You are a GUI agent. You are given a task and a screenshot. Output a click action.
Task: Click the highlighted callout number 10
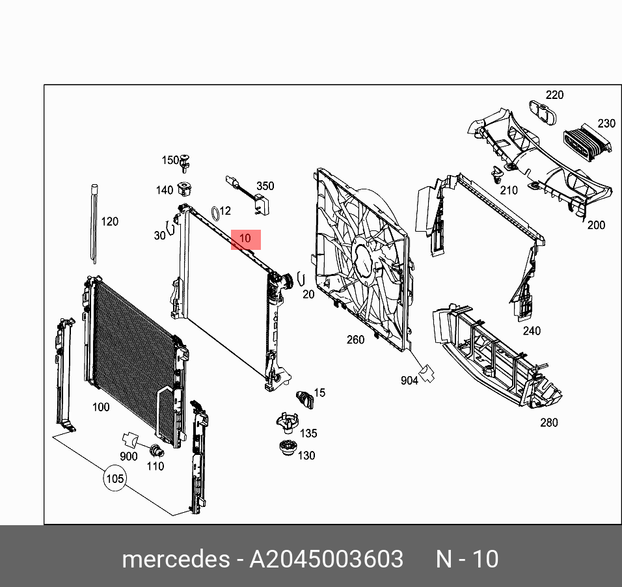tap(245, 239)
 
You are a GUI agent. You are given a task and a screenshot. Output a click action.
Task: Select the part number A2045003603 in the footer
tap(327, 559)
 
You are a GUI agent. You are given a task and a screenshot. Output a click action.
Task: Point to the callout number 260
tap(355, 339)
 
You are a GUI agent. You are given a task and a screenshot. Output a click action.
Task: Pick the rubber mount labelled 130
tap(286, 450)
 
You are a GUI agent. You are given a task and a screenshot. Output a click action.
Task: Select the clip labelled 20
tap(300, 279)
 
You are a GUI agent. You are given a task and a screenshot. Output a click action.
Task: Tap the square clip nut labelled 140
tap(185, 189)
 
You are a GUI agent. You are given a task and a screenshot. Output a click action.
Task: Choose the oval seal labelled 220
tap(542, 113)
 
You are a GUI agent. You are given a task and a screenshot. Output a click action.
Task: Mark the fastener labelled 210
tap(498, 174)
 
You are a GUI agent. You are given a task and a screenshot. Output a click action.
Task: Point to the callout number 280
tap(548, 422)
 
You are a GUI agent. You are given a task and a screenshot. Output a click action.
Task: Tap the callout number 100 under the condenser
tap(101, 407)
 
